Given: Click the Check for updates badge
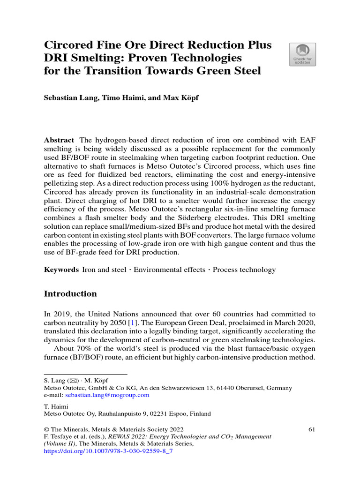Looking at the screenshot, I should [302, 54].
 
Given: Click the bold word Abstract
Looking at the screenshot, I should [59, 141].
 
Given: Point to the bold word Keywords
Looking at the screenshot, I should [61, 270].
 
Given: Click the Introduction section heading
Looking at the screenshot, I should [70, 294].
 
